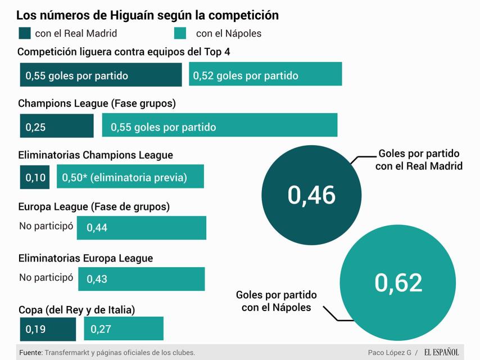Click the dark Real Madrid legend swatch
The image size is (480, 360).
coord(25,33)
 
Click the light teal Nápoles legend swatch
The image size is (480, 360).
coord(180,33)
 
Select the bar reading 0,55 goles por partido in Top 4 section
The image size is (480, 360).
coord(101,75)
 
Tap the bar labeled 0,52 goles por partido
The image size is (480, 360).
coord(265,75)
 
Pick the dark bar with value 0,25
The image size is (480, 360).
coord(57,126)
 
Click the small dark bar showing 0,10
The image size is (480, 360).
coord(35,177)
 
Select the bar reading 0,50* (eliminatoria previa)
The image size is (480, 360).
coord(130,177)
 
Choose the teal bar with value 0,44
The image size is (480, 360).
coord(142,228)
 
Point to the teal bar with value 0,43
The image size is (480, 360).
coord(142,279)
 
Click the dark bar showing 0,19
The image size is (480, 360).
coord(48,329)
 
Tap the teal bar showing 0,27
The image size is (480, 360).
coord(124,329)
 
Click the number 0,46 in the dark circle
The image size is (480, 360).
coord(311,195)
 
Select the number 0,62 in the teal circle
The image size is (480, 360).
coord(398,282)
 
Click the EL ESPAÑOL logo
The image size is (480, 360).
coord(442,352)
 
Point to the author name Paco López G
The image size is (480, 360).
coord(390,353)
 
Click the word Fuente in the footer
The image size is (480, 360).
coord(30,353)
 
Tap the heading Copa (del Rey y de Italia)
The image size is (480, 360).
coord(76,309)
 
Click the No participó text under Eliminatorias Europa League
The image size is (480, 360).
coord(46,277)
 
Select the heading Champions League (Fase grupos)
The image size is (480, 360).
coord(97,104)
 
